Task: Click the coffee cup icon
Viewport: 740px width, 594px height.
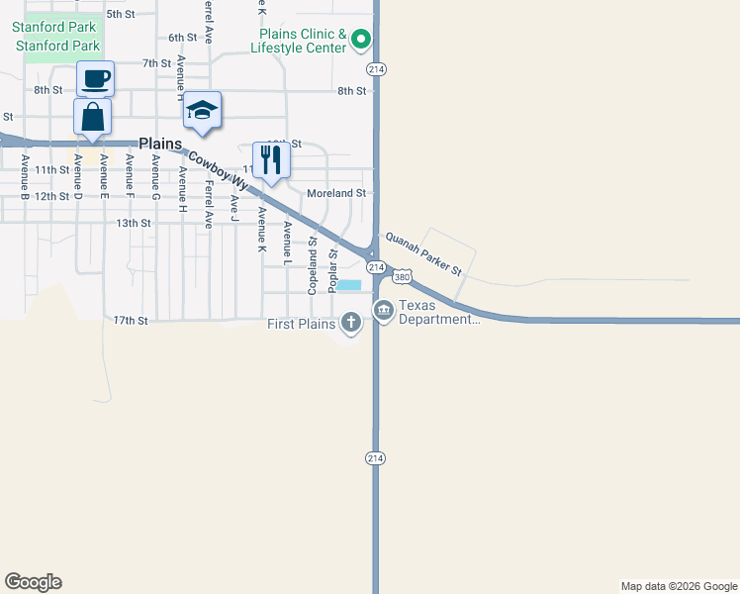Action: pyautogui.click(x=95, y=78)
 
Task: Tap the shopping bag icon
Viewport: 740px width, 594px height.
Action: pyautogui.click(x=92, y=117)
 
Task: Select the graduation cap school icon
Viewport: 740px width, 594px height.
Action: pyautogui.click(x=202, y=111)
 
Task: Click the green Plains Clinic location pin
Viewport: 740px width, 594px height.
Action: pyautogui.click(x=361, y=40)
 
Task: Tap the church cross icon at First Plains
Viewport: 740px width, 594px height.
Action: pyautogui.click(x=351, y=322)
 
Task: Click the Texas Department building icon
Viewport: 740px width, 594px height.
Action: pyautogui.click(x=383, y=311)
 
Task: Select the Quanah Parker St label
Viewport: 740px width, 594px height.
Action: pyautogui.click(x=423, y=253)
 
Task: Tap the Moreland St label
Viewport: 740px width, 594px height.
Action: pyautogui.click(x=336, y=193)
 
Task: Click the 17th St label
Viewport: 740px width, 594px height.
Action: pyautogui.click(x=130, y=321)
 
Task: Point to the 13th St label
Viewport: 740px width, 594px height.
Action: pyautogui.click(x=134, y=224)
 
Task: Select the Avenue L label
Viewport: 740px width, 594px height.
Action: pyautogui.click(x=287, y=244)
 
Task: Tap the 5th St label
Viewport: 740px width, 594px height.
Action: pyautogui.click(x=120, y=14)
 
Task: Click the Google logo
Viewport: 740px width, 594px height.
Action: pyautogui.click(x=33, y=582)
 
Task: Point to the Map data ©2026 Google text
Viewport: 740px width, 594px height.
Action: pyautogui.click(x=679, y=586)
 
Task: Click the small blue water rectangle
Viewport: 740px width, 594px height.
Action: pyautogui.click(x=350, y=285)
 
